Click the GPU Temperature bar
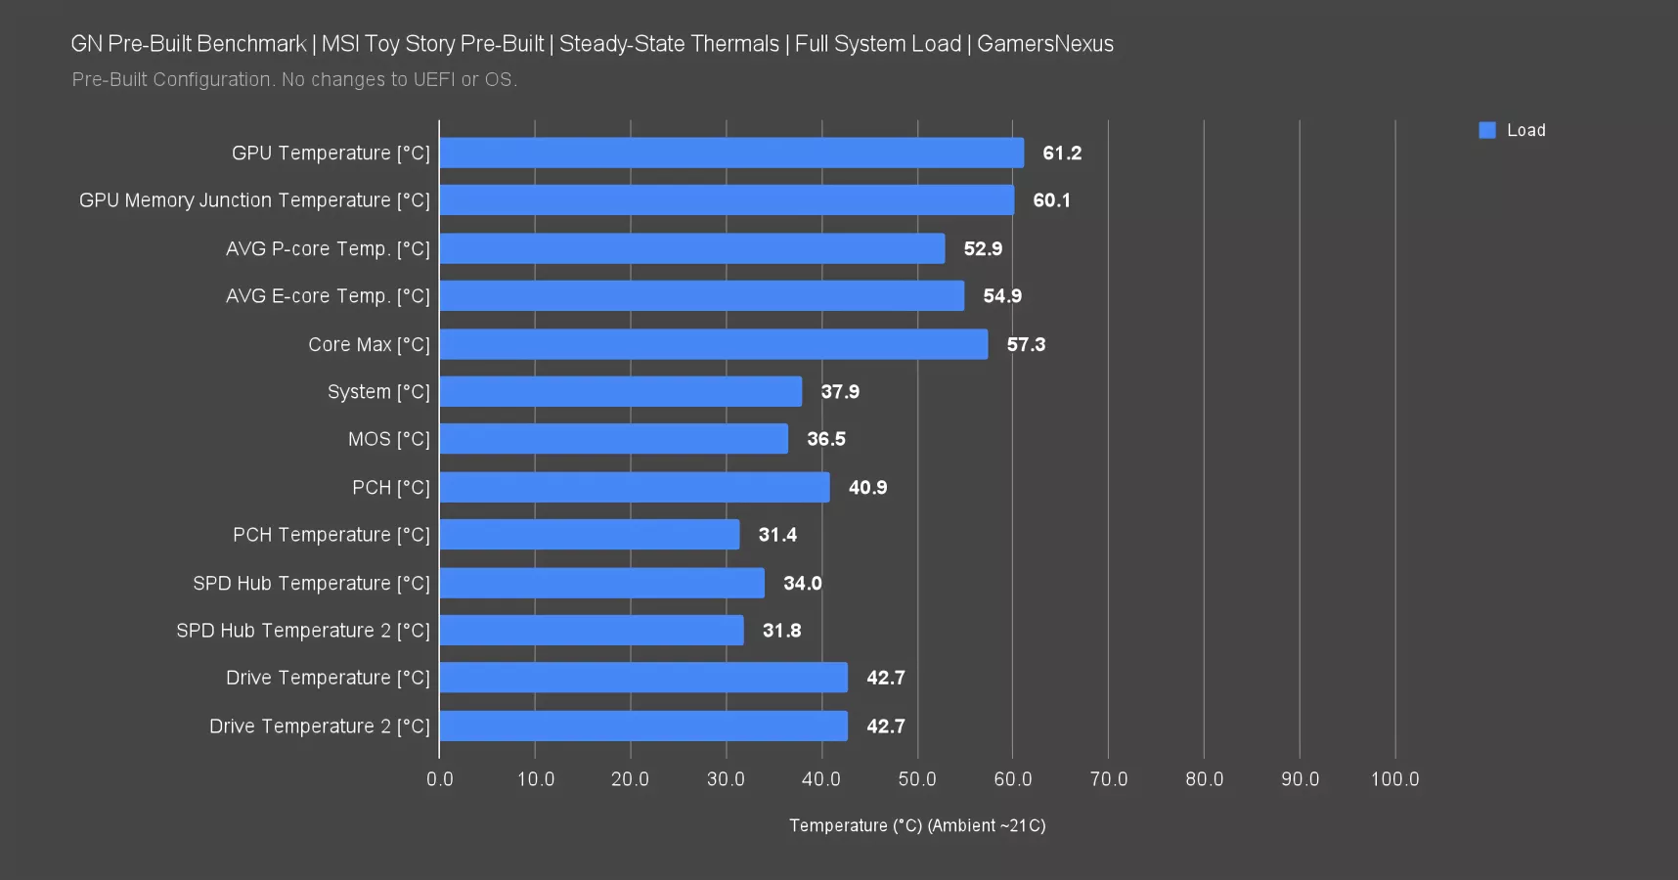tap(731, 153)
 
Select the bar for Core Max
tap(714, 344)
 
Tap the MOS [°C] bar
tap(614, 439)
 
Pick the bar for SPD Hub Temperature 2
tap(592, 631)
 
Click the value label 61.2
tap(1062, 154)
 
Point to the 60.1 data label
tap(1051, 200)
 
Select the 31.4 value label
tap(777, 535)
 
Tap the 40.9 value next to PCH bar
tap(867, 488)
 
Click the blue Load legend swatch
tap(1487, 130)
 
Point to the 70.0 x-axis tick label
tap(1108, 779)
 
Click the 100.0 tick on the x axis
tap(1394, 779)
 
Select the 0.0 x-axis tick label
tap(440, 779)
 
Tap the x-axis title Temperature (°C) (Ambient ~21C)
tap(917, 826)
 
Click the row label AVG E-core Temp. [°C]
tap(328, 296)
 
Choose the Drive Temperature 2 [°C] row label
tap(319, 726)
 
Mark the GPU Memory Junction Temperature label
tap(254, 200)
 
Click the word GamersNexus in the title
tap(1045, 44)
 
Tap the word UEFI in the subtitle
tap(434, 80)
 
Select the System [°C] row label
tap(378, 392)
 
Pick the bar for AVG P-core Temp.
tap(692, 248)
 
